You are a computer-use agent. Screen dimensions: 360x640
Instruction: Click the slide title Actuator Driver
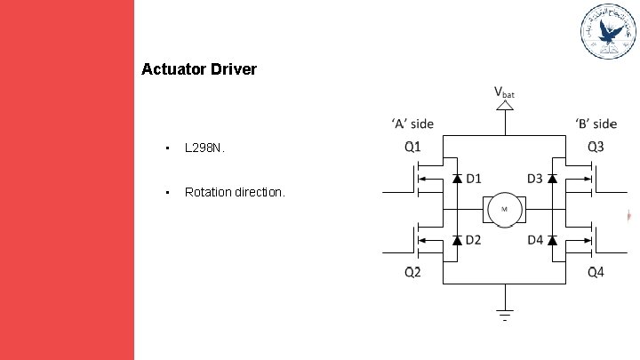(199, 68)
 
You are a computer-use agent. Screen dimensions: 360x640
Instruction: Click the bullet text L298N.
(205, 148)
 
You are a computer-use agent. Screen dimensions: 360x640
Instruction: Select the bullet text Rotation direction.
(235, 192)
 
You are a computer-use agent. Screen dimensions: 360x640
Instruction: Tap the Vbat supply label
(504, 92)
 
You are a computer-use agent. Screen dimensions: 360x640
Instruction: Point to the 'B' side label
(595, 124)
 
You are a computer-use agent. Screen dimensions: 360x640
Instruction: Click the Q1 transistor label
(413, 145)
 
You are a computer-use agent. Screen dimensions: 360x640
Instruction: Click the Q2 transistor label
(413, 272)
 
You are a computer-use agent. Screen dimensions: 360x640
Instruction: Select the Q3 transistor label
(595, 145)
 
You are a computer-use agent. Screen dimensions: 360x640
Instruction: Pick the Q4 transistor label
(595, 272)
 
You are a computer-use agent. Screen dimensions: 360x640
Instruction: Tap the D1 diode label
(474, 179)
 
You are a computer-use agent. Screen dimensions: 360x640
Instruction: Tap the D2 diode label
(474, 240)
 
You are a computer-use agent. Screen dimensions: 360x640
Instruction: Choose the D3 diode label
(534, 179)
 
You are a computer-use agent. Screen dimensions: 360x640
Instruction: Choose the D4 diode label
(534, 240)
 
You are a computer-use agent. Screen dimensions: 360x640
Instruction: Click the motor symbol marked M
(504, 210)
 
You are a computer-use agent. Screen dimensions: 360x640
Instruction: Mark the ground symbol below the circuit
(504, 313)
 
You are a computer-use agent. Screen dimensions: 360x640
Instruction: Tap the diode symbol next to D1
(457, 179)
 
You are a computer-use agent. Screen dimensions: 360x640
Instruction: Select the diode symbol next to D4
(551, 240)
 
